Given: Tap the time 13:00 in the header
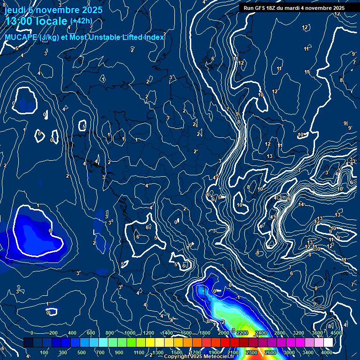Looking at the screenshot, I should (x=20, y=21).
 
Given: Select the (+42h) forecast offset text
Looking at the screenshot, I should (x=81, y=21).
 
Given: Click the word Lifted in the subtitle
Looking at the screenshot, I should (x=121, y=37).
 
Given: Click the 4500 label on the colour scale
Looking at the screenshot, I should (x=336, y=333).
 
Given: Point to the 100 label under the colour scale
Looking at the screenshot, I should (x=44, y=352).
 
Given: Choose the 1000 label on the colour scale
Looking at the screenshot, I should (x=130, y=333).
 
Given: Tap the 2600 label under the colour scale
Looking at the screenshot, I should (x=270, y=352).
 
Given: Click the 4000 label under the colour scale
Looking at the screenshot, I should (x=327, y=352).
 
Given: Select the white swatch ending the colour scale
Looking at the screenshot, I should (x=328, y=343).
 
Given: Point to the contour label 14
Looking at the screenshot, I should (x=301, y=205).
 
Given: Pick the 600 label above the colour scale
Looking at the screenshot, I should (x=91, y=333).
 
